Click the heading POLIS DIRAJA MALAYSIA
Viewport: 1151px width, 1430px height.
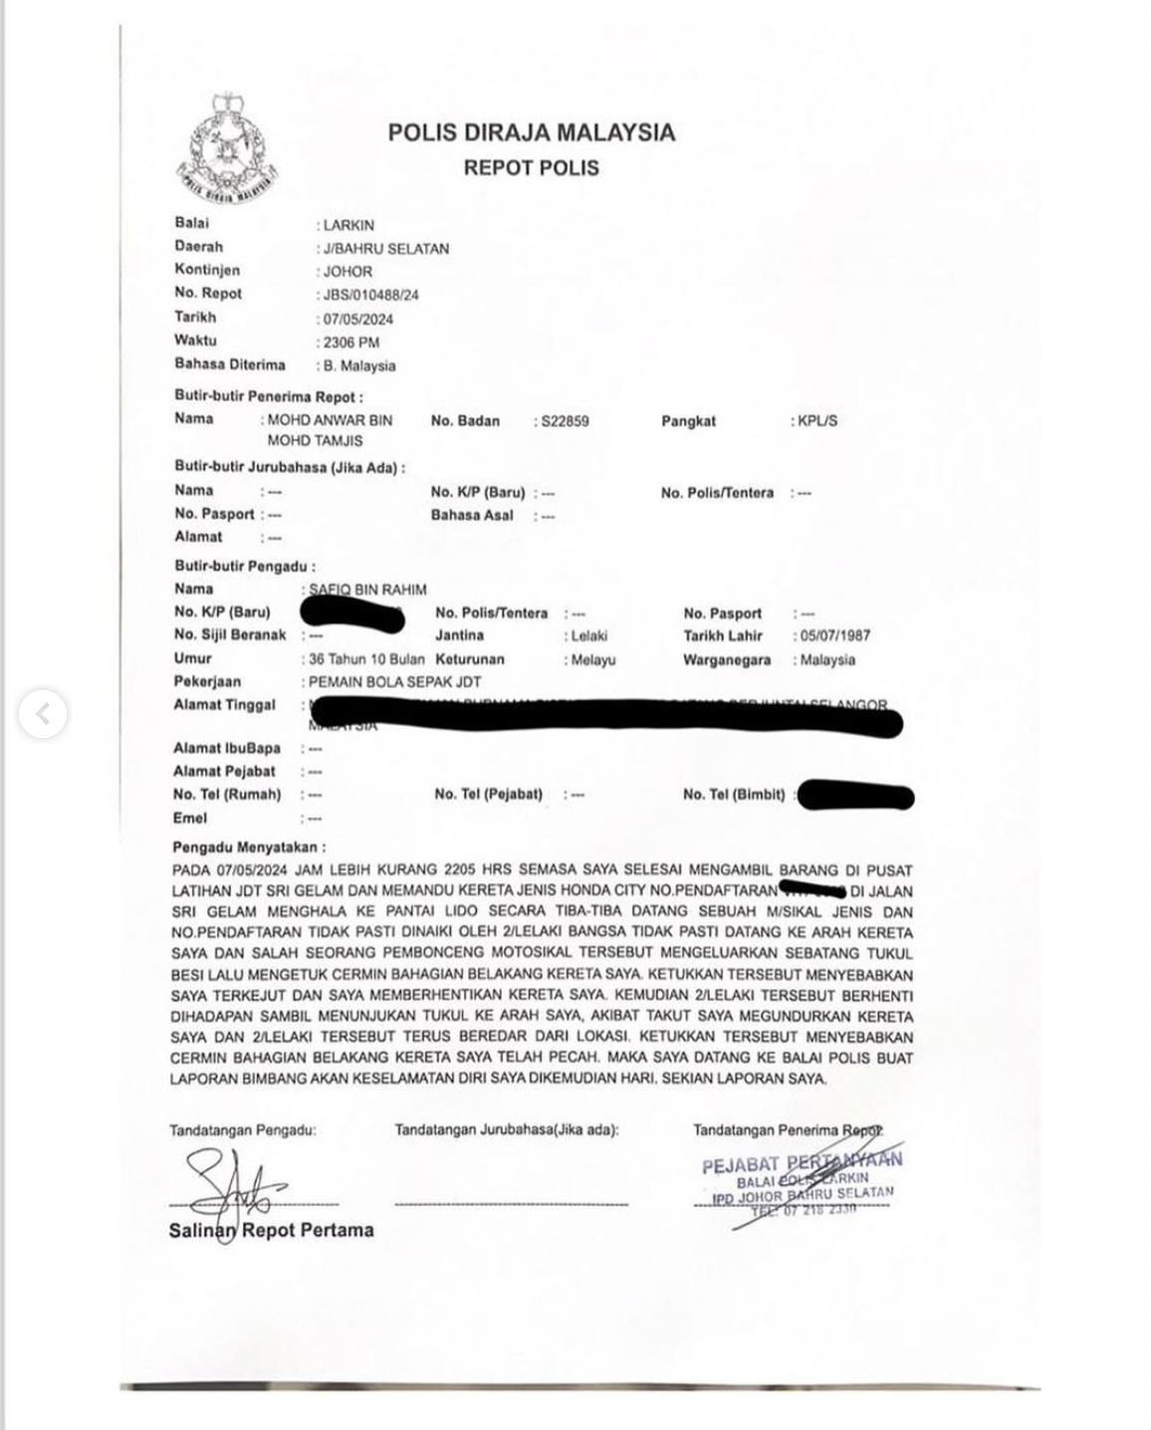pyautogui.click(x=531, y=132)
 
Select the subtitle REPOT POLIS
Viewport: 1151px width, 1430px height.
pyautogui.click(x=531, y=167)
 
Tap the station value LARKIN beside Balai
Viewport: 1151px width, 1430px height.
pyautogui.click(x=348, y=225)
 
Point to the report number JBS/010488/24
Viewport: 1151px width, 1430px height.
pyautogui.click(x=370, y=295)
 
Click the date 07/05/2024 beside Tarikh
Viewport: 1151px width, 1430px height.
pyautogui.click(x=358, y=319)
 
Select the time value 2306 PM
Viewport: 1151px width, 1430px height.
pyautogui.click(x=351, y=342)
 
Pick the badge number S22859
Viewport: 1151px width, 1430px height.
pyautogui.click(x=565, y=421)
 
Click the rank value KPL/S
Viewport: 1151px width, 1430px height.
pyautogui.click(x=817, y=421)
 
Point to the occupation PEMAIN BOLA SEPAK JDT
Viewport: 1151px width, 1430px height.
pyautogui.click(x=394, y=682)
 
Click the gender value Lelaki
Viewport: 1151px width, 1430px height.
pyautogui.click(x=588, y=635)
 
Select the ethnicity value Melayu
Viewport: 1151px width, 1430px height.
pyautogui.click(x=593, y=659)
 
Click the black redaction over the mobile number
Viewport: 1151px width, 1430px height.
pyautogui.click(x=856, y=796)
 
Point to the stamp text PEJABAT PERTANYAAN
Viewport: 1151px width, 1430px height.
pyautogui.click(x=802, y=1162)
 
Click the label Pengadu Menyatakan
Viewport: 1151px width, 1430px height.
pyautogui.click(x=249, y=847)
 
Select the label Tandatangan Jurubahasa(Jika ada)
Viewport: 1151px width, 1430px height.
pyautogui.click(x=507, y=1129)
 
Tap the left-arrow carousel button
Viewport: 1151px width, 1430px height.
pyautogui.click(x=43, y=714)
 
